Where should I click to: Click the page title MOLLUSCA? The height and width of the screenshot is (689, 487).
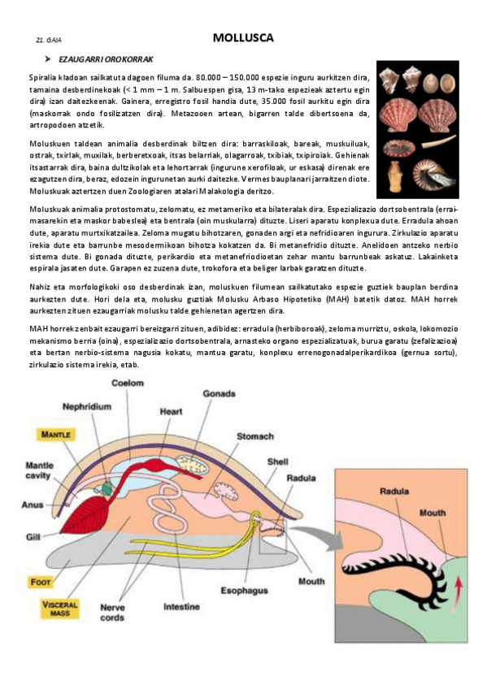(x=243, y=37)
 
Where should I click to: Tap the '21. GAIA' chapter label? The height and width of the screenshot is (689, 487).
(x=49, y=40)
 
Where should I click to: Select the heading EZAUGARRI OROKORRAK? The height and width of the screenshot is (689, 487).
(x=106, y=59)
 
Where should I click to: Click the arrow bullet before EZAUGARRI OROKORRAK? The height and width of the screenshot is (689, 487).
(x=48, y=59)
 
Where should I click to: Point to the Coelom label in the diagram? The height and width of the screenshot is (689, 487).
(x=128, y=383)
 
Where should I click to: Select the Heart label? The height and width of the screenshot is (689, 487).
(x=171, y=411)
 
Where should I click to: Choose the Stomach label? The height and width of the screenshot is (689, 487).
(x=255, y=436)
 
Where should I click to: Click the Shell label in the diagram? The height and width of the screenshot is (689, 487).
(x=278, y=461)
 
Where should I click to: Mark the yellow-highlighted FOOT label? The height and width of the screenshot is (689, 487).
(x=40, y=582)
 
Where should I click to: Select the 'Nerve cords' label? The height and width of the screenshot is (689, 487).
(x=111, y=612)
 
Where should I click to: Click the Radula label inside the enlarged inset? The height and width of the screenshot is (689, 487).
(x=394, y=491)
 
